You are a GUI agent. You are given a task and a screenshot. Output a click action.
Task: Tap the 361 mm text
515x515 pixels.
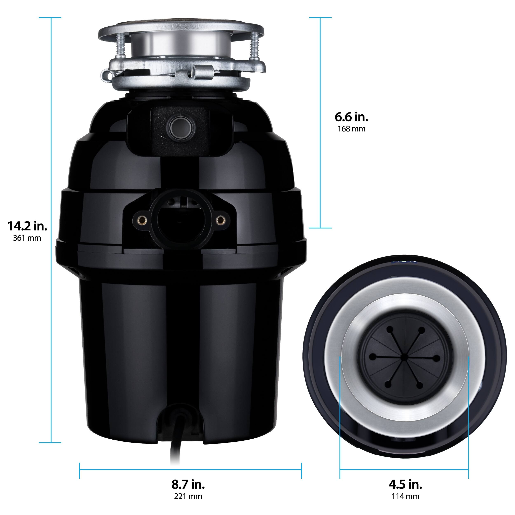[x=27, y=238]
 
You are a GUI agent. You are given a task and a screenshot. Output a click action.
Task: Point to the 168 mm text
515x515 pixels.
[x=351, y=129]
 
